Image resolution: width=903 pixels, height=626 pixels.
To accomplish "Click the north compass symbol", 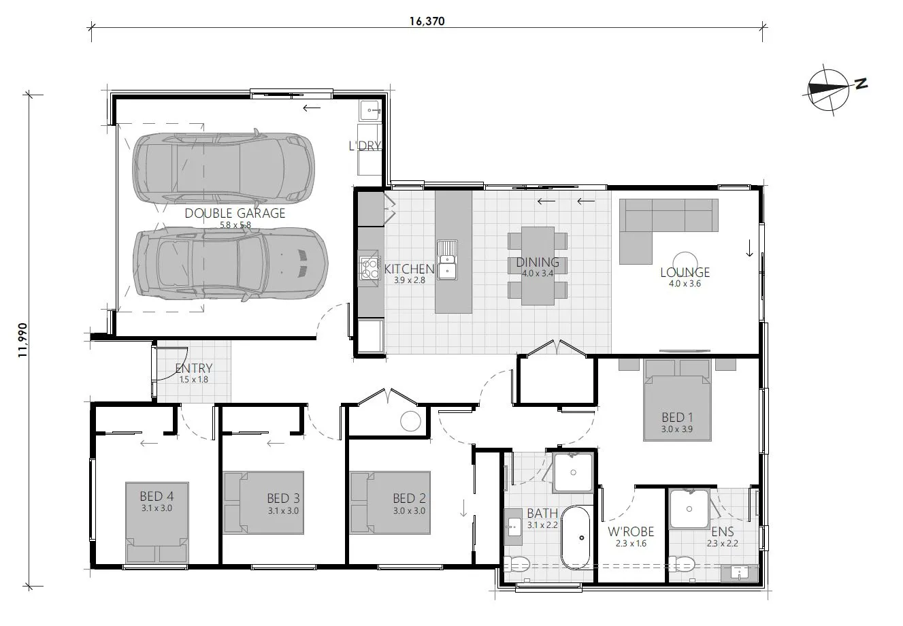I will click(x=828, y=90).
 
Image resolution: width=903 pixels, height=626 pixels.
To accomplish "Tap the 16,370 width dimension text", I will click(x=427, y=21).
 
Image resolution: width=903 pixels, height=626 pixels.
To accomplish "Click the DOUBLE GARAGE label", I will click(x=235, y=213).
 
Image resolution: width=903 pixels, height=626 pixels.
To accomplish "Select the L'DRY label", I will click(x=364, y=146).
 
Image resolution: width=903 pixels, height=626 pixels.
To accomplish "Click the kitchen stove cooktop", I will click(x=369, y=266).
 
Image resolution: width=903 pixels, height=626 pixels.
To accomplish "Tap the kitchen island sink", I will click(x=447, y=259).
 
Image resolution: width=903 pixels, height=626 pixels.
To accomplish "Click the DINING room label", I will click(x=537, y=263).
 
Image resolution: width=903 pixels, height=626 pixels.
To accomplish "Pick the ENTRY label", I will click(x=194, y=369).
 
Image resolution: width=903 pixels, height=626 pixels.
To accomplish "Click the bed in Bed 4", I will click(x=157, y=523).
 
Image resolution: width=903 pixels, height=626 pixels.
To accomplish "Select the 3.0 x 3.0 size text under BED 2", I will click(x=409, y=510).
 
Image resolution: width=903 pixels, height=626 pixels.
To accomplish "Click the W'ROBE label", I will click(x=631, y=531).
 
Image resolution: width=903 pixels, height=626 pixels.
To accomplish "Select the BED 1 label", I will click(x=678, y=417).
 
